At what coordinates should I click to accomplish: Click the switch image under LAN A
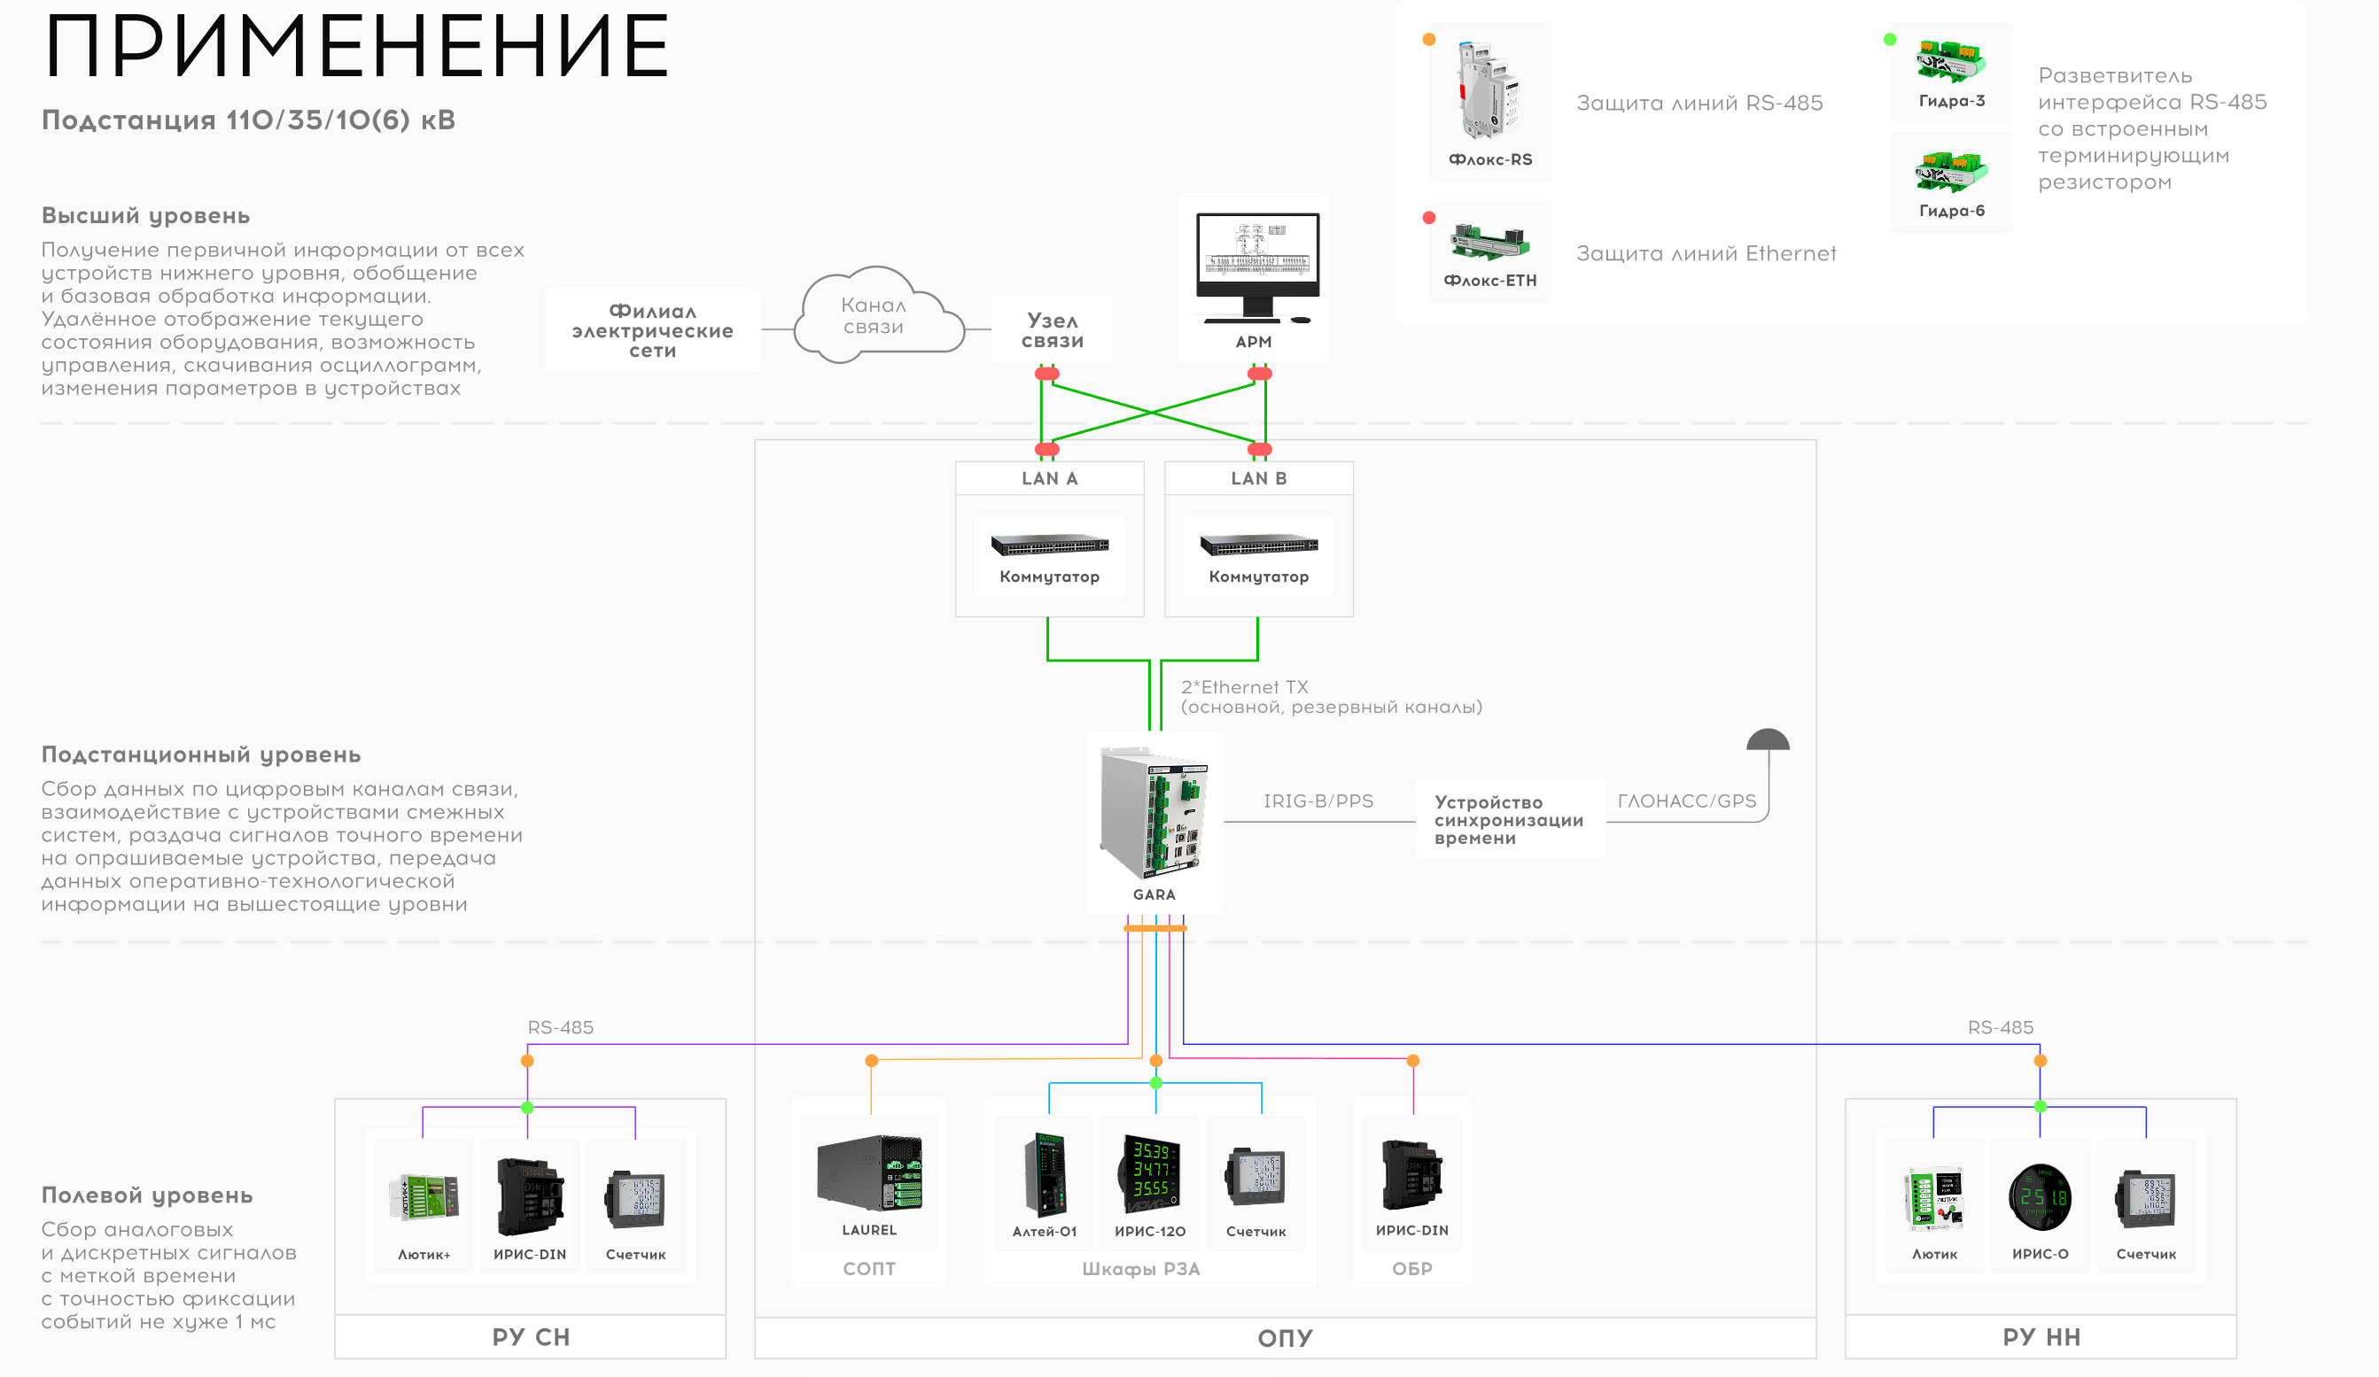click(1049, 545)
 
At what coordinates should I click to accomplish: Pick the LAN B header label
click(1258, 478)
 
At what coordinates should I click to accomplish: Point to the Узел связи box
click(1052, 330)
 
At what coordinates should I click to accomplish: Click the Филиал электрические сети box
click(652, 330)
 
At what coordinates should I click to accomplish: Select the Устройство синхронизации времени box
click(1509, 819)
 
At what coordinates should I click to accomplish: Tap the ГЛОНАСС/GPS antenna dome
click(1768, 740)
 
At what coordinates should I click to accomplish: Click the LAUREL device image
click(868, 1173)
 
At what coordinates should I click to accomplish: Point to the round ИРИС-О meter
click(2039, 1196)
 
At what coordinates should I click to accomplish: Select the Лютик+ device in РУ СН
click(424, 1196)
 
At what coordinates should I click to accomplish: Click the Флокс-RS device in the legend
click(1487, 91)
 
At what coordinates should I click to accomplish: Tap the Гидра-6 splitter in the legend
click(1950, 173)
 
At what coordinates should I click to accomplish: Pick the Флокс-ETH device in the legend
click(1489, 243)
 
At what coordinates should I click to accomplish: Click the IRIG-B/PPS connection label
click(1318, 801)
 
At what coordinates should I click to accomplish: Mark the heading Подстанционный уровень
click(201, 755)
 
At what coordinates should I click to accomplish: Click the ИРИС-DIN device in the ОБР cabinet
click(1411, 1175)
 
